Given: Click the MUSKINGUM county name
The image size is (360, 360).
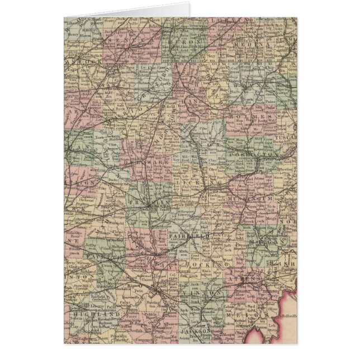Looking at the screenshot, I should tap(247, 197).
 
